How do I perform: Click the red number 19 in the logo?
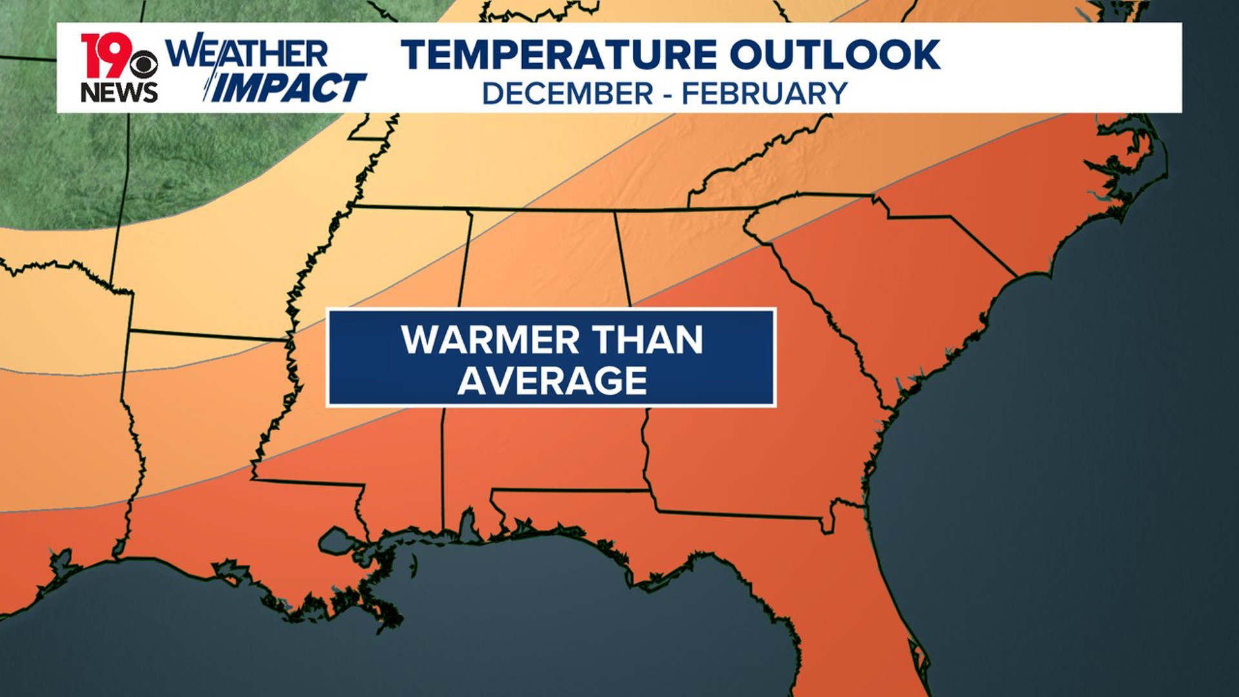pos(105,56)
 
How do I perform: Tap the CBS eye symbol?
pos(144,64)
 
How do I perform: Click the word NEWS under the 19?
pos(119,92)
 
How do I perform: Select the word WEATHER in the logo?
pos(247,54)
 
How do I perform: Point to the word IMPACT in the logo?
pos(288,88)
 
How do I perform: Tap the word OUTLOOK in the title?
pos(835,54)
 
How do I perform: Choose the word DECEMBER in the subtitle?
pos(568,94)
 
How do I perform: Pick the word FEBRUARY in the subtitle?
pos(765,94)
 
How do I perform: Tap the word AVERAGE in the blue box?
pos(552,381)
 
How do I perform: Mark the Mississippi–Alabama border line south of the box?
pos(442,465)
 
